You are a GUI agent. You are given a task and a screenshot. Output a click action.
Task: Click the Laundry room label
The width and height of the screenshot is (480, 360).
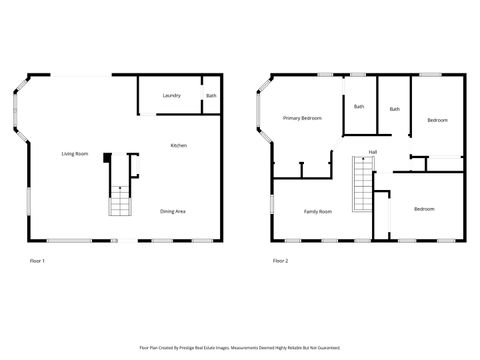(171, 96)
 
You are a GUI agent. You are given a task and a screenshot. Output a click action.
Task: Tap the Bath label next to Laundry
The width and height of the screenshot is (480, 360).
(210, 96)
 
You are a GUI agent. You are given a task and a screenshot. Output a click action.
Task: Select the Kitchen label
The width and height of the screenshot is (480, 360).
(178, 146)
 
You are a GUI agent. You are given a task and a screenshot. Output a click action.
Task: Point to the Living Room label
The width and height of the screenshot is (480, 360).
(75, 153)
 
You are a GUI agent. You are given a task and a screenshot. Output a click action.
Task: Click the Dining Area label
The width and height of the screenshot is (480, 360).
(173, 211)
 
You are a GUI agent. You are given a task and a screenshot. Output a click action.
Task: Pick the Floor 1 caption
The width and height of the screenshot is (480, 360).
(38, 261)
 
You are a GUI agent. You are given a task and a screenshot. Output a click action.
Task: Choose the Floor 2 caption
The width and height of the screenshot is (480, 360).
(280, 261)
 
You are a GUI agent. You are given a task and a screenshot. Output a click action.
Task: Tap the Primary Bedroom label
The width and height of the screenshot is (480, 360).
(302, 118)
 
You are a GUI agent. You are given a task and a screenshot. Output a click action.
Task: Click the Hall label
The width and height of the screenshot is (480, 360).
(372, 152)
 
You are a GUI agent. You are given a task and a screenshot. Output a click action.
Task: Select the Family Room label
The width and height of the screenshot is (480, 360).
(318, 211)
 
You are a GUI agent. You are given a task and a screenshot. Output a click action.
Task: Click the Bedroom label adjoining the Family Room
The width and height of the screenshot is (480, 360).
(424, 209)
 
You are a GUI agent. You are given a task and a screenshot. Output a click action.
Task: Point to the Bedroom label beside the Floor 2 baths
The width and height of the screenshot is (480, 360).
(437, 120)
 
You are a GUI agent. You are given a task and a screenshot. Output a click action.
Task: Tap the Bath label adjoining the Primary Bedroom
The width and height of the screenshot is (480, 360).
(358, 106)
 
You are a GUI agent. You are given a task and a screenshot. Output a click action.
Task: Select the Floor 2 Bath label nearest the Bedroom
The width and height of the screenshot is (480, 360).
(395, 109)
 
